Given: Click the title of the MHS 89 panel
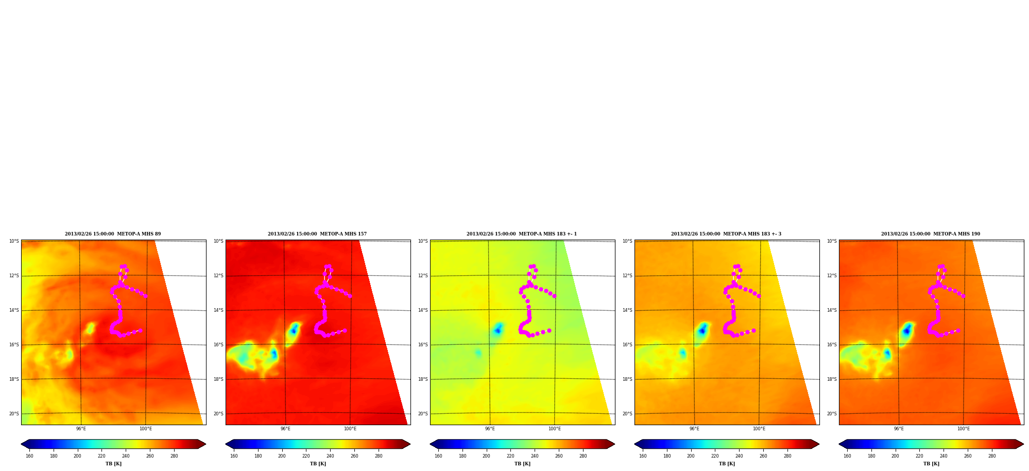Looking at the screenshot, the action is (x=113, y=234).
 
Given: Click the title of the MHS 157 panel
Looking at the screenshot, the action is (x=317, y=234).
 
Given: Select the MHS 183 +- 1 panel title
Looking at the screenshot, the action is (x=522, y=234).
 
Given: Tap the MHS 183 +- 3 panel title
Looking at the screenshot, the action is (x=726, y=234).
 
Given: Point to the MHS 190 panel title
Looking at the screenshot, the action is (x=931, y=234).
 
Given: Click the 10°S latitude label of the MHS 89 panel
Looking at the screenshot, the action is (x=14, y=241).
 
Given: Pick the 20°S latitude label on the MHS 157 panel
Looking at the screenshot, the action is (x=218, y=414).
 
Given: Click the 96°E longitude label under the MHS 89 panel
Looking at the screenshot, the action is (x=81, y=429).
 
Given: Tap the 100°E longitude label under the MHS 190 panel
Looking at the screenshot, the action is (x=964, y=429).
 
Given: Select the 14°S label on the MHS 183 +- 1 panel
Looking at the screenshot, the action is (x=423, y=310).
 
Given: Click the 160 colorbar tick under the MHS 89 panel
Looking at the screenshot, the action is (x=29, y=456).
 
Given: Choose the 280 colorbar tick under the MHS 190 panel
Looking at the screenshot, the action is (x=992, y=456).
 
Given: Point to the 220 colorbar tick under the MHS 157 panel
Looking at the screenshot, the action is (x=306, y=456).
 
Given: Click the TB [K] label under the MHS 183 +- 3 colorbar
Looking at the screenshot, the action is (x=727, y=464).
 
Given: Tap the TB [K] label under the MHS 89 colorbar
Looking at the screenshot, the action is (x=113, y=464).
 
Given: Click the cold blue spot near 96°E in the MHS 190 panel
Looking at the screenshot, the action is (x=906, y=330).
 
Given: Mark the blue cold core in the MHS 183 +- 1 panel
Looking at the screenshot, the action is (x=498, y=330).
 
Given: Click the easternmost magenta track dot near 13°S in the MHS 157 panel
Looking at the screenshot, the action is (x=350, y=296).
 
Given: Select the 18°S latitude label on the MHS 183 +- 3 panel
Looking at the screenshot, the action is (x=627, y=379).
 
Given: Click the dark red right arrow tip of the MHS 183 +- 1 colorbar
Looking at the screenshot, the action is (x=614, y=444).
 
